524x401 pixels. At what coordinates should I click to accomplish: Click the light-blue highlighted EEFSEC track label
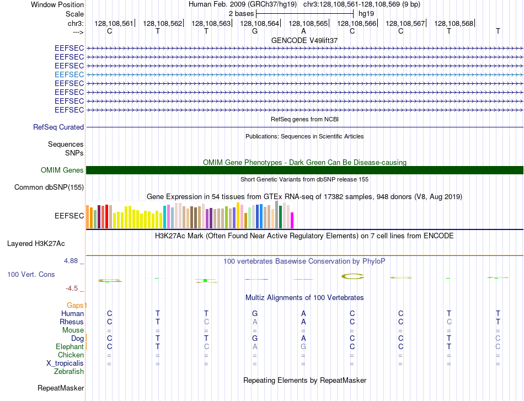tap(69, 74)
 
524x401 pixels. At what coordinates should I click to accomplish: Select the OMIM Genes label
tap(62, 170)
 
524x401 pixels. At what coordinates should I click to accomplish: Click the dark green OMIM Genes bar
tap(304, 170)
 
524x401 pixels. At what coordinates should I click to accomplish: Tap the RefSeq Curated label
tap(58, 127)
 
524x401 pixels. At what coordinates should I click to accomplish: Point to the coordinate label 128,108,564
tap(259, 23)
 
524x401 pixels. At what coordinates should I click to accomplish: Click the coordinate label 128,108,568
tap(454, 23)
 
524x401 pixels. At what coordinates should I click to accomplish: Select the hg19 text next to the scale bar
tap(366, 14)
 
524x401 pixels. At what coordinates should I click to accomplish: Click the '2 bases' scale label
tap(241, 14)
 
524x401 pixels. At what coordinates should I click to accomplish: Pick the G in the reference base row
tap(255, 31)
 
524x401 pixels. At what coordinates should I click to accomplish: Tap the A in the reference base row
tap(303, 31)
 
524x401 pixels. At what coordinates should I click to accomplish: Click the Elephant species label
tap(69, 346)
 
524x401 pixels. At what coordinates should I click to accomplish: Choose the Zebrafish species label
tap(69, 371)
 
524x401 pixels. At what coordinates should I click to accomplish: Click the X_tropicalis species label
tap(65, 363)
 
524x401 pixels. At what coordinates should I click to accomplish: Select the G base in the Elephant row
tap(303, 346)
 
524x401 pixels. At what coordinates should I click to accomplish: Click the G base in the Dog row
tap(255, 338)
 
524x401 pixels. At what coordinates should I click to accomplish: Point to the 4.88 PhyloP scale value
tap(71, 261)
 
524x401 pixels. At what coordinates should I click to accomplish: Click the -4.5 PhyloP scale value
tap(72, 288)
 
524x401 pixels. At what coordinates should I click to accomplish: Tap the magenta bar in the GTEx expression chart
tap(292, 220)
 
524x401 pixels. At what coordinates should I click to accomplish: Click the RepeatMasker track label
tap(61, 388)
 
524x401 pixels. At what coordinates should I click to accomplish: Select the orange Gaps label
tap(77, 305)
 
